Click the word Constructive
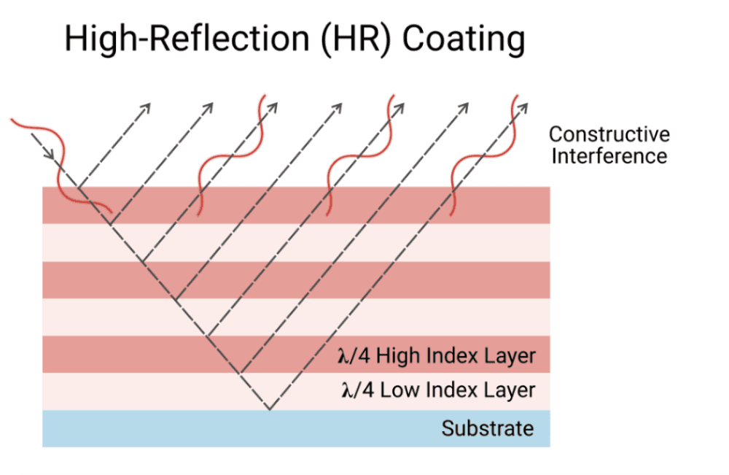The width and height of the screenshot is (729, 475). pyautogui.click(x=609, y=135)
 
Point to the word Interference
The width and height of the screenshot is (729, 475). pyautogui.click(x=609, y=155)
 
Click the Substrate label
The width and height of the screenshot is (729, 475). pyautogui.click(x=487, y=428)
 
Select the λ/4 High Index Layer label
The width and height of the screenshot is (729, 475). pyautogui.click(x=437, y=356)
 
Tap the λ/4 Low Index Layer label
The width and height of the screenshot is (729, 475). pyautogui.click(x=438, y=390)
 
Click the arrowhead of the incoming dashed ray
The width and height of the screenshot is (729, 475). pyautogui.click(x=49, y=155)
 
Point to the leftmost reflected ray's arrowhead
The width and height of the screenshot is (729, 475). pyautogui.click(x=146, y=108)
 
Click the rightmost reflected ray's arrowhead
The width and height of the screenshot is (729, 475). pyautogui.click(x=523, y=107)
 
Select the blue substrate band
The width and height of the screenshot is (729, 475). pyautogui.click(x=219, y=428)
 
